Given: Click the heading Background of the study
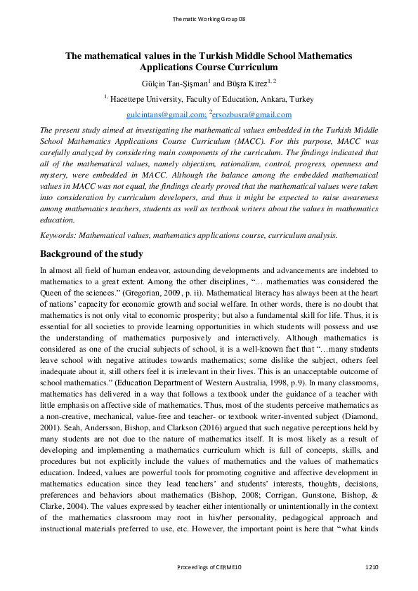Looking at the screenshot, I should (91, 253).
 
